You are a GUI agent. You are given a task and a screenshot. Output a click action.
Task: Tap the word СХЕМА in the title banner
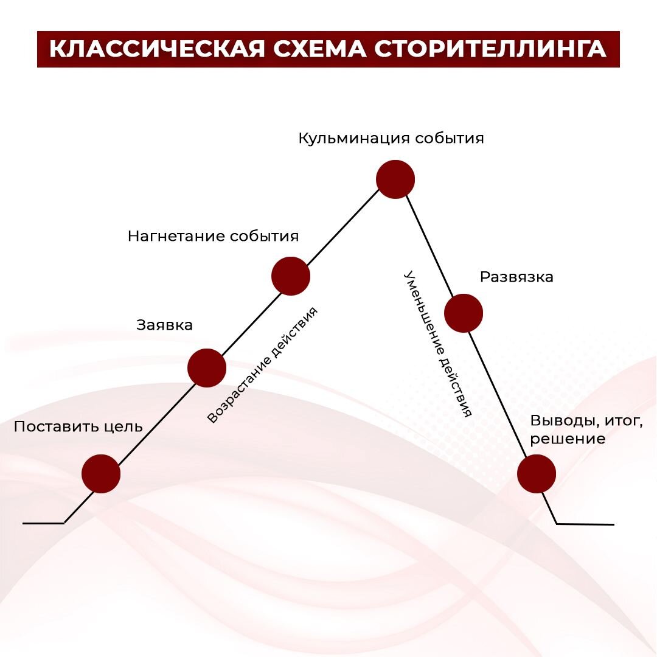(x=319, y=49)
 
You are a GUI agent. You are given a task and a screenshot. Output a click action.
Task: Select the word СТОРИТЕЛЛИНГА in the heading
(x=490, y=49)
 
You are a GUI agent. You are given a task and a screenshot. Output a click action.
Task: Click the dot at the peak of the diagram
(x=395, y=179)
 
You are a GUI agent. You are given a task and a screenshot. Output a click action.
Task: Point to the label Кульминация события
(x=391, y=138)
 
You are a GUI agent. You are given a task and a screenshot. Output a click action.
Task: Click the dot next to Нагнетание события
(x=291, y=276)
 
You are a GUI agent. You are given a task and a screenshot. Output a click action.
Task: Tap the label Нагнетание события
(x=213, y=236)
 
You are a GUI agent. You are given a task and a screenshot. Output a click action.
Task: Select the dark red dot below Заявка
(x=207, y=367)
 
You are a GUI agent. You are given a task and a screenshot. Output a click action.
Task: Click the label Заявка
(x=164, y=325)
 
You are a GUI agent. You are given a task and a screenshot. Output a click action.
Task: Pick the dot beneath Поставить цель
(x=101, y=474)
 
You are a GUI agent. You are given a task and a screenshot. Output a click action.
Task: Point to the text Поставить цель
(x=78, y=426)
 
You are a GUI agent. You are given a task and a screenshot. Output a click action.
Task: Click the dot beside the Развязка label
(x=464, y=313)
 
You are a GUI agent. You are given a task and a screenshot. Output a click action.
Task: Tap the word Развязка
(x=516, y=277)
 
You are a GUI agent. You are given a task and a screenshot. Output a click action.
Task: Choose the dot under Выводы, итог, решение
(x=537, y=474)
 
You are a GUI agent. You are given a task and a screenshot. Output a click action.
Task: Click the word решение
(x=567, y=439)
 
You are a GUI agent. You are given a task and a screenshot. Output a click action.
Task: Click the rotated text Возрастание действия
(x=262, y=365)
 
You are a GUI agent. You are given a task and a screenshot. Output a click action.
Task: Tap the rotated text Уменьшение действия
(x=438, y=344)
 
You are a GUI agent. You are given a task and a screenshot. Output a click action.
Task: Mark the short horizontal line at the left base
(x=43, y=523)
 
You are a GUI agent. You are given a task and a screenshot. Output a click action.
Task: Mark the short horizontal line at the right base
(x=585, y=524)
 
